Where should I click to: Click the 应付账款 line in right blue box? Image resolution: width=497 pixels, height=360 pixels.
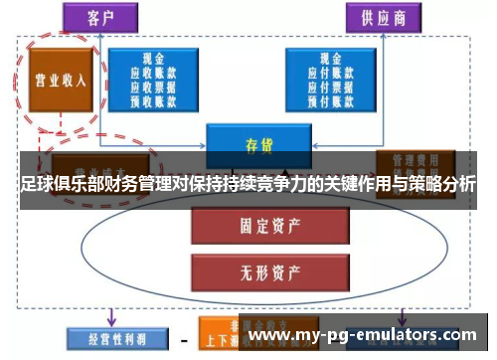327,72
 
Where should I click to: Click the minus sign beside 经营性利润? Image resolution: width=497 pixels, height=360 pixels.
183,338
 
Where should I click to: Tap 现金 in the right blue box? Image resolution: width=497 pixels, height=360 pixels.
327,59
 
